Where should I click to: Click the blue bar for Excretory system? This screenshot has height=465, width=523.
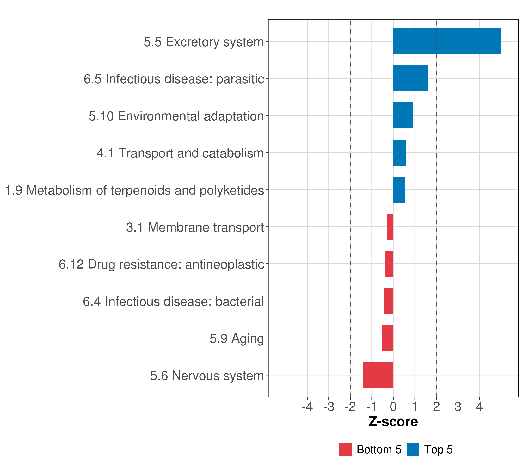[x=447, y=41]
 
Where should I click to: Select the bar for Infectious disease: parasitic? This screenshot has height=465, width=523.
[x=410, y=79]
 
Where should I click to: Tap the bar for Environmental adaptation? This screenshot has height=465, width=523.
[x=403, y=115]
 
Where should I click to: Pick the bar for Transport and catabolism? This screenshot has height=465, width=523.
[x=399, y=153]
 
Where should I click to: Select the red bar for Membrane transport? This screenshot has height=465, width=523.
[x=390, y=227]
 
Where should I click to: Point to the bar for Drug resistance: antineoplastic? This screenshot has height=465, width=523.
[x=389, y=264]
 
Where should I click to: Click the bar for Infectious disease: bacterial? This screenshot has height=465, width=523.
[x=389, y=301]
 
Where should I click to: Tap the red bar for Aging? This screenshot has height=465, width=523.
[x=387, y=338]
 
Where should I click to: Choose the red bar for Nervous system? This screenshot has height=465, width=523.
[x=378, y=375]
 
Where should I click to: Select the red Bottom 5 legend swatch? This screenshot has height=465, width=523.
[x=345, y=449]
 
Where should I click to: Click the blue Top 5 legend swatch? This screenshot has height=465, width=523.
[x=413, y=449]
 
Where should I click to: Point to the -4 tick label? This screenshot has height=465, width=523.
[x=307, y=407]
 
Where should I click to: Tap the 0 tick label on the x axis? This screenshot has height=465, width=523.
[x=393, y=407]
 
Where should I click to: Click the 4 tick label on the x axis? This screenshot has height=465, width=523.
[x=479, y=407]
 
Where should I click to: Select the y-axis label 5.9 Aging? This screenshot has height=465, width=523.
[x=237, y=338]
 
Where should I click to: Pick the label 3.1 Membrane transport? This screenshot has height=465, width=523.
[x=195, y=227]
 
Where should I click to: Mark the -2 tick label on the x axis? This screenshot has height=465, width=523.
[x=350, y=407]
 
